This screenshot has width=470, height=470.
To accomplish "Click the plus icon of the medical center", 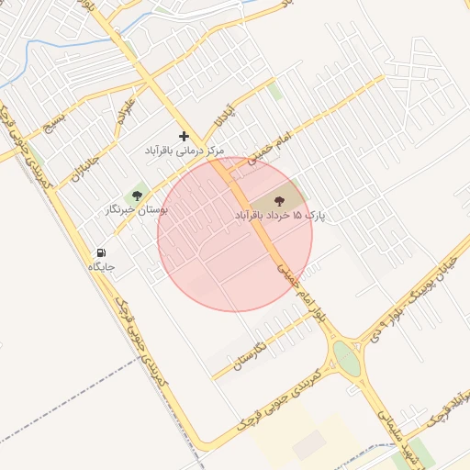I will tap(184, 136).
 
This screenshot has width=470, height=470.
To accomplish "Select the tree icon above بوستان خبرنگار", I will tap(138, 196).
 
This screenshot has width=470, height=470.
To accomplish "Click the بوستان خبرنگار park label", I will tap(138, 209).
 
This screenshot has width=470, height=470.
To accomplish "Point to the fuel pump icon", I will tap(100, 252).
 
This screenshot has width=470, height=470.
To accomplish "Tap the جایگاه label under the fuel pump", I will tap(101, 266).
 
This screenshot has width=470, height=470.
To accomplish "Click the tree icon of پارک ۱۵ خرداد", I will tap(279, 200).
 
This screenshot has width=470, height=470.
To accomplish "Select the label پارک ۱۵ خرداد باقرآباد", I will tap(281, 215).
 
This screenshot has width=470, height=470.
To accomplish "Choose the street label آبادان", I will tap(224, 116).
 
